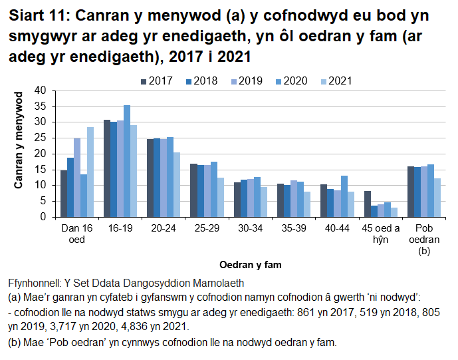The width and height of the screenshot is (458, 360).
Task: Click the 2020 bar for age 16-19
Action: [127, 161]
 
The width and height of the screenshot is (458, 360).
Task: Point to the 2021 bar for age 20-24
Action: [177, 184]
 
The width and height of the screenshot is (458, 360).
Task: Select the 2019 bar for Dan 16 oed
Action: [77, 178]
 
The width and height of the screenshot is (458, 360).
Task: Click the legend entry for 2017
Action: [157, 81]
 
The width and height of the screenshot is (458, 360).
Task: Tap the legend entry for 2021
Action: [336, 81]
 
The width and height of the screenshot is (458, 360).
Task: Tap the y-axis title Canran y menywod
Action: [20, 141]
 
